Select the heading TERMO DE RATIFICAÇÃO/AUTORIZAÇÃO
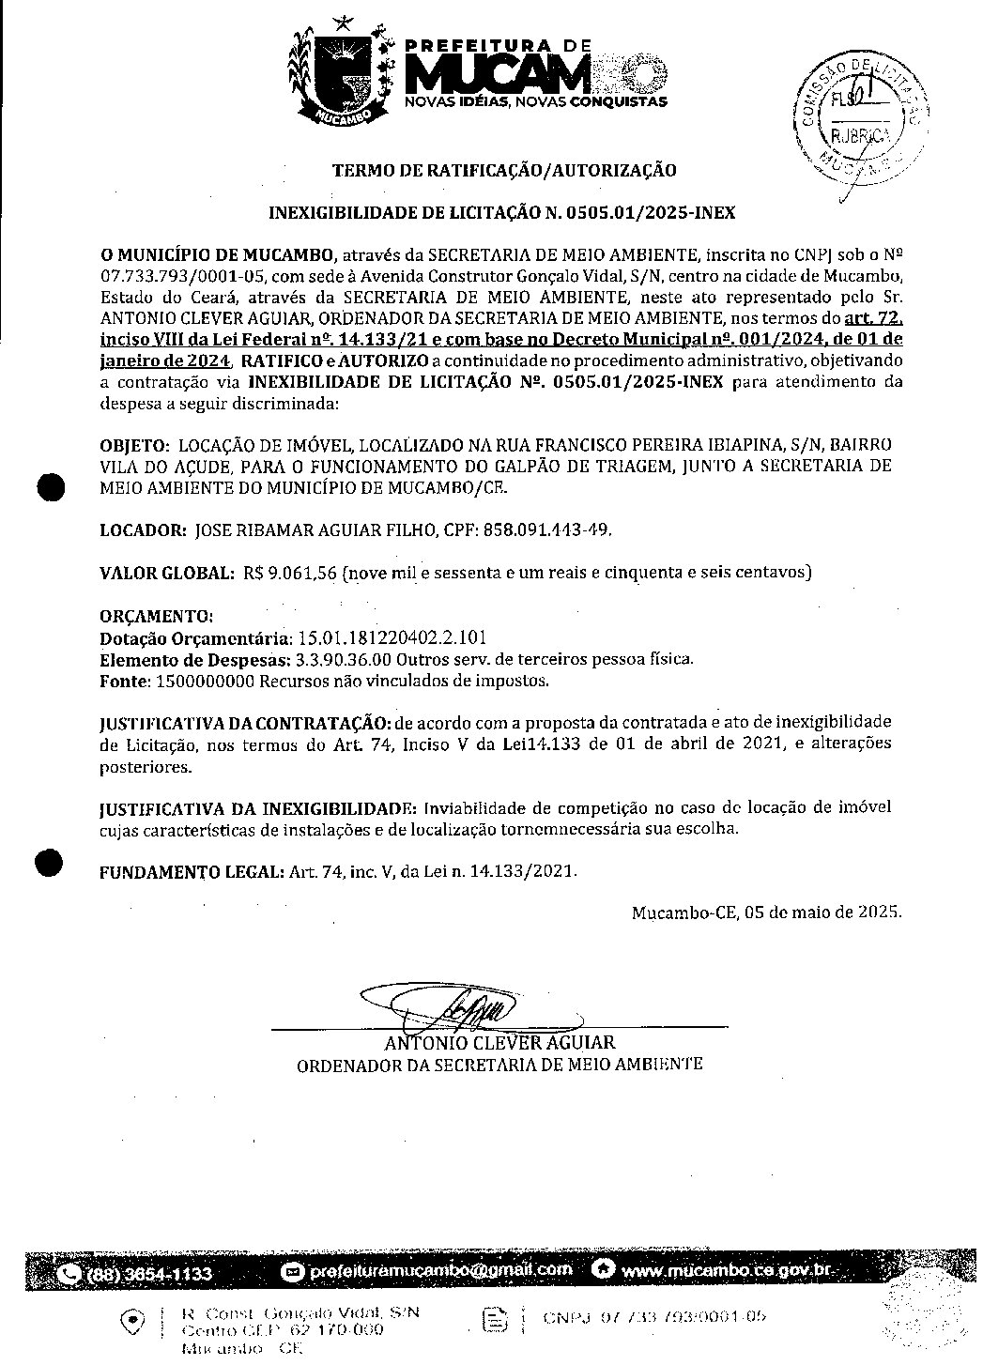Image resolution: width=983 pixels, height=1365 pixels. tap(503, 171)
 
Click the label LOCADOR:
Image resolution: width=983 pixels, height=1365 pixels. tap(143, 530)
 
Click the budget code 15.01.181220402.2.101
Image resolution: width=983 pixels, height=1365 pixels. tap(392, 638)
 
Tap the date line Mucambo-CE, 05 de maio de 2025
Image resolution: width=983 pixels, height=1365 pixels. tap(766, 912)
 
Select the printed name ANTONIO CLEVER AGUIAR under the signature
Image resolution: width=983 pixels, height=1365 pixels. tap(499, 1043)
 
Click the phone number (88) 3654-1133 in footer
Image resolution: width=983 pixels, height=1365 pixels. tap(149, 1274)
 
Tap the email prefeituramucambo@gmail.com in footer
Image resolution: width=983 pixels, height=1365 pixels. tap(438, 1270)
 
